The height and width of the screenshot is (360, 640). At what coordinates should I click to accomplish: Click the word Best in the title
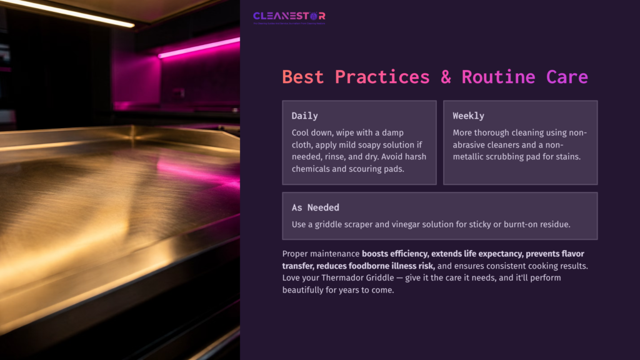point(303,77)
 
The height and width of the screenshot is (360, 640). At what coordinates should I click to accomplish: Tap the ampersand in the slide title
point(446,77)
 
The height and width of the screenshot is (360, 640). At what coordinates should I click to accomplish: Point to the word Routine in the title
point(498,77)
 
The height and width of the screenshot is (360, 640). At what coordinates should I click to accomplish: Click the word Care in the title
point(567,77)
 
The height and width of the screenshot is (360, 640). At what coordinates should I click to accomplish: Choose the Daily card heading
point(305,116)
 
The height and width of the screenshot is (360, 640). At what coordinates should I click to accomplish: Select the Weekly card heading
point(468,116)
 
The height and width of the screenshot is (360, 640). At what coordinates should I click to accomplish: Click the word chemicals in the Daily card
point(313,168)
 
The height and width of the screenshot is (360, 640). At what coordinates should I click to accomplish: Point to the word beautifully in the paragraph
point(307,290)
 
